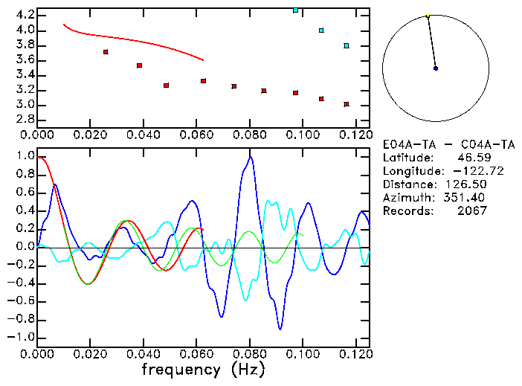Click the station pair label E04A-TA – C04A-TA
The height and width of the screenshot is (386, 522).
[448, 145]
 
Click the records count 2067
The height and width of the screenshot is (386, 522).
[472, 210]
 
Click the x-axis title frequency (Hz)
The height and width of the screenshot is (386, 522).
[203, 370]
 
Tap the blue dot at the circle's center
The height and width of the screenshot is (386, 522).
[436, 68]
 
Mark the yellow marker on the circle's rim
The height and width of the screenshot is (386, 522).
[428, 16]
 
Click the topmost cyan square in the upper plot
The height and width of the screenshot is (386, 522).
[296, 10]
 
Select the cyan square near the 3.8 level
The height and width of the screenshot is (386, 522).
[347, 46]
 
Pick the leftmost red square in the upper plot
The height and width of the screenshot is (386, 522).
[106, 52]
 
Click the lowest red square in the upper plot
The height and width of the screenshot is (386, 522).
[347, 104]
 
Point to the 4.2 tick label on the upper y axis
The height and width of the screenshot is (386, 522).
[25, 15]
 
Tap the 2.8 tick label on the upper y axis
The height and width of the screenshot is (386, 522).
[25, 119]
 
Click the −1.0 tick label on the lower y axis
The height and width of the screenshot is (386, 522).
[23, 337]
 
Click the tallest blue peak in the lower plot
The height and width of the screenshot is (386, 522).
[251, 157]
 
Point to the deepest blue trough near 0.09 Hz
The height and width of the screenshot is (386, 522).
[280, 328]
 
